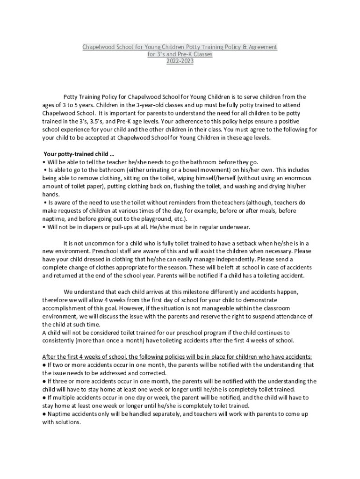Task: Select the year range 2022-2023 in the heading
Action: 180,61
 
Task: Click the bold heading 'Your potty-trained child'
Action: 79,154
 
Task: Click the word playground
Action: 164,219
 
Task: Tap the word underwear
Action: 234,227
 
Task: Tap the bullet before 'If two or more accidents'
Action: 44,365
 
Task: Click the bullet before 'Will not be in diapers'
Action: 43,227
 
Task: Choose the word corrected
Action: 151,373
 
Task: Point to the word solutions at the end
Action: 67,422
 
